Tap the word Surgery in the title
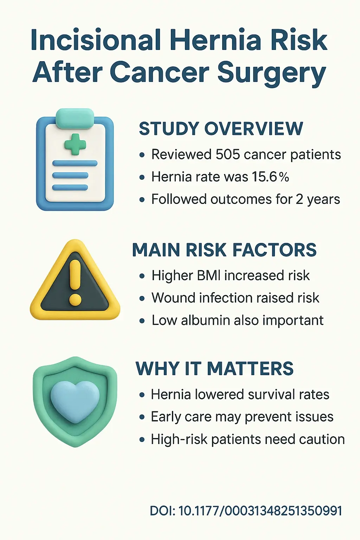click(x=271, y=73)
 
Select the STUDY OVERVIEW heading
click(x=221, y=129)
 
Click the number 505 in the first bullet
click(x=227, y=155)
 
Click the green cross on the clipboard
click(x=75, y=144)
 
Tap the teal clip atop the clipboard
click(x=75, y=117)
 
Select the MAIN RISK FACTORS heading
click(x=224, y=250)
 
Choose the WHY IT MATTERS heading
click(x=214, y=369)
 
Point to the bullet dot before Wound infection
click(x=142, y=298)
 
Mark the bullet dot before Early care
click(x=142, y=417)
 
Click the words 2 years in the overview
click(x=318, y=199)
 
